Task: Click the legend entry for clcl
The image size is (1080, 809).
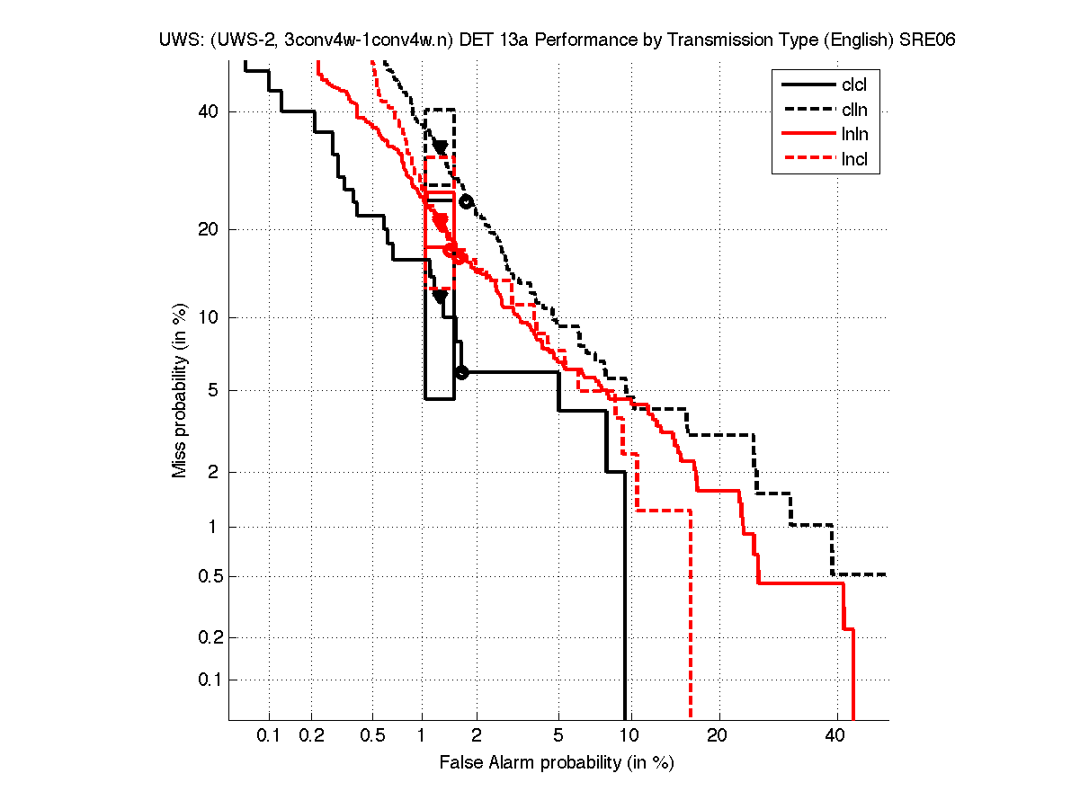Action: pyautogui.click(x=854, y=85)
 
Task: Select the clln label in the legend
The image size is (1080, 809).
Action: pyautogui.click(x=854, y=111)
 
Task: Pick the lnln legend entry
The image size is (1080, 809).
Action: pyautogui.click(x=854, y=136)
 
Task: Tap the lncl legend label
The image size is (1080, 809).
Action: pyautogui.click(x=854, y=161)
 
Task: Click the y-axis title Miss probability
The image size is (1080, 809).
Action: pyautogui.click(x=180, y=389)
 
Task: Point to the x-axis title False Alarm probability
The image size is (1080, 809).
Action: pyautogui.click(x=556, y=763)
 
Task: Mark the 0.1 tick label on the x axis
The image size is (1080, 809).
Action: pyautogui.click(x=269, y=735)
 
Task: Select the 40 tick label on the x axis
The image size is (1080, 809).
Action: pyautogui.click(x=835, y=735)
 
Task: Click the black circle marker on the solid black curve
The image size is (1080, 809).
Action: pyautogui.click(x=461, y=372)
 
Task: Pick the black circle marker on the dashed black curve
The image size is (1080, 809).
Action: pyautogui.click(x=466, y=201)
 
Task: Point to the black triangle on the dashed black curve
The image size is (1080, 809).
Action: pyautogui.click(x=440, y=147)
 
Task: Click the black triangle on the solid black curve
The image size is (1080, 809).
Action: pyautogui.click(x=440, y=296)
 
